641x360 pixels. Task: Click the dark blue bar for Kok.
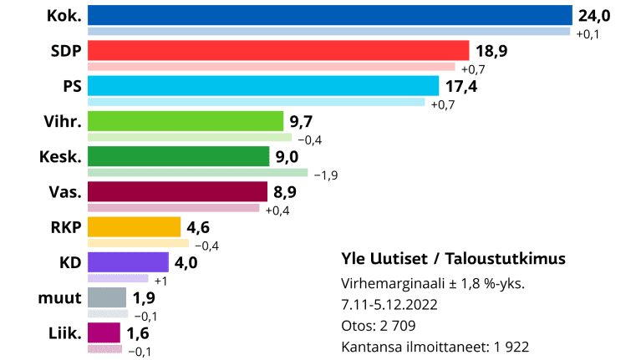[329, 16]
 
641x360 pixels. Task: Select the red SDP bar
[278, 51]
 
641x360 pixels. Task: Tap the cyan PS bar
[262, 86]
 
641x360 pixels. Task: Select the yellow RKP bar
[134, 227]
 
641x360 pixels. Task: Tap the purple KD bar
[129, 262]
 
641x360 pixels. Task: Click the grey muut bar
[106, 297]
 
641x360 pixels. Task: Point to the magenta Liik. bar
[104, 332]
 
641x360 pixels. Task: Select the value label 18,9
[492, 51]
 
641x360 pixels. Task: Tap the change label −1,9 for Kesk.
[326, 175]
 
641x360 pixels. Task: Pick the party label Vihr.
[61, 121]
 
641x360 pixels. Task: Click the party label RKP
[64, 227]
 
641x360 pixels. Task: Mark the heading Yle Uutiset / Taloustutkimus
[454, 258]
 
